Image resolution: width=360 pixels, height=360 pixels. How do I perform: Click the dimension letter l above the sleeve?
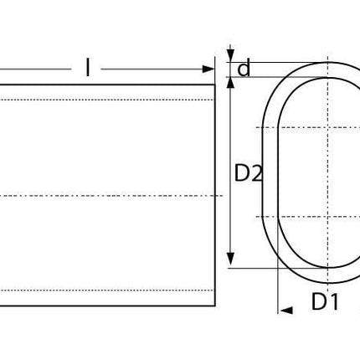[87, 68]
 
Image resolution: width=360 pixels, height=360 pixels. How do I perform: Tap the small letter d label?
[244, 69]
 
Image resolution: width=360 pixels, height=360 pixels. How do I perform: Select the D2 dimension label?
[248, 173]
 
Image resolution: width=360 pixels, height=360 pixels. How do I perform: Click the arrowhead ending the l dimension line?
[209, 69]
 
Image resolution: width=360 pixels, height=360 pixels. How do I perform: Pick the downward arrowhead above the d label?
[231, 56]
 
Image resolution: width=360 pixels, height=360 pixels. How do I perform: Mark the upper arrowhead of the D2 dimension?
[231, 83]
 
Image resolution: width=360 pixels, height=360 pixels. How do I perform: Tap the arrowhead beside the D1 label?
[286, 310]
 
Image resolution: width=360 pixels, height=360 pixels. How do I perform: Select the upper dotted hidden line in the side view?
[109, 100]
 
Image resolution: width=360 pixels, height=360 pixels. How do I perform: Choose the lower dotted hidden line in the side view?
[109, 290]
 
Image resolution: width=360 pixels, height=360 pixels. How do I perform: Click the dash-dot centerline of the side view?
[109, 196]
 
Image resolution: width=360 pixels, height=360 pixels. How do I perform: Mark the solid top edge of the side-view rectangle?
[109, 85]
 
